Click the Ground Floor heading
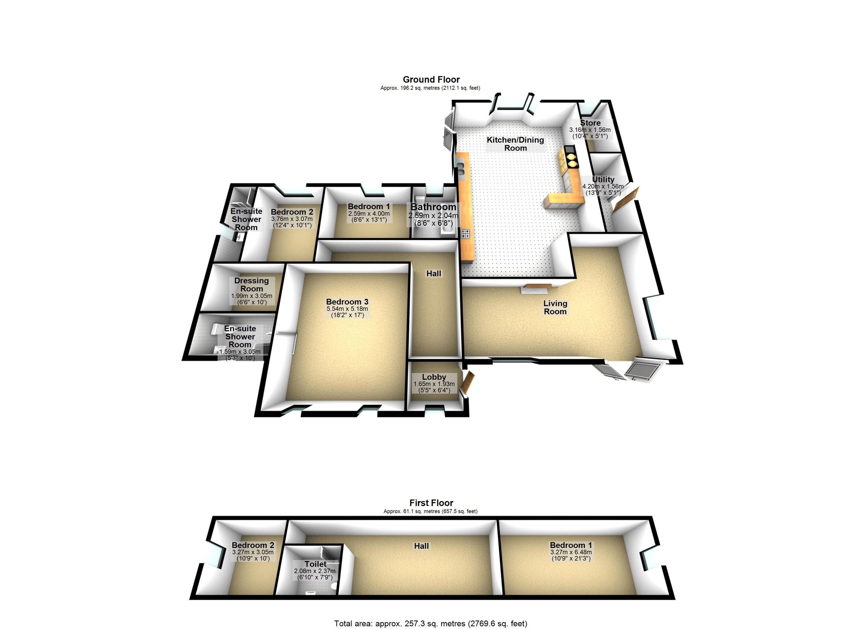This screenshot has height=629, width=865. pos(431,80)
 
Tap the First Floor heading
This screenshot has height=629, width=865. pos(431,503)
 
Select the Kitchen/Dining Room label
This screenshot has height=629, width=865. pos(515,144)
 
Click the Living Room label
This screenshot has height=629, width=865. pos(555,307)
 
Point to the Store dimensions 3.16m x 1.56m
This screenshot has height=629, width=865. pos(590,130)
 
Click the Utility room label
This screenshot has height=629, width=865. pos(603,179)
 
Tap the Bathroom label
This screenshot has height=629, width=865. pos(433,207)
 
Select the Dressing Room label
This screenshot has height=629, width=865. pos(251,284)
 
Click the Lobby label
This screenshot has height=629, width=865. pos(434,377)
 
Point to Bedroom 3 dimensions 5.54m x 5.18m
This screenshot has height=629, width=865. pos(347,309)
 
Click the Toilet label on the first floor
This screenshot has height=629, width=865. pos(315,564)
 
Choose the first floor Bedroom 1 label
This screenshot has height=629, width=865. pos(571,546)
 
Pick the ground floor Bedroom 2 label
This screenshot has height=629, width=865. pos(292,212)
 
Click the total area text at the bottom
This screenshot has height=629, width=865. pos(431,623)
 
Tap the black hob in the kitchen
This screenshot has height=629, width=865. pos(466,233)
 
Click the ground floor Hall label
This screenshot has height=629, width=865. pos(434,273)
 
